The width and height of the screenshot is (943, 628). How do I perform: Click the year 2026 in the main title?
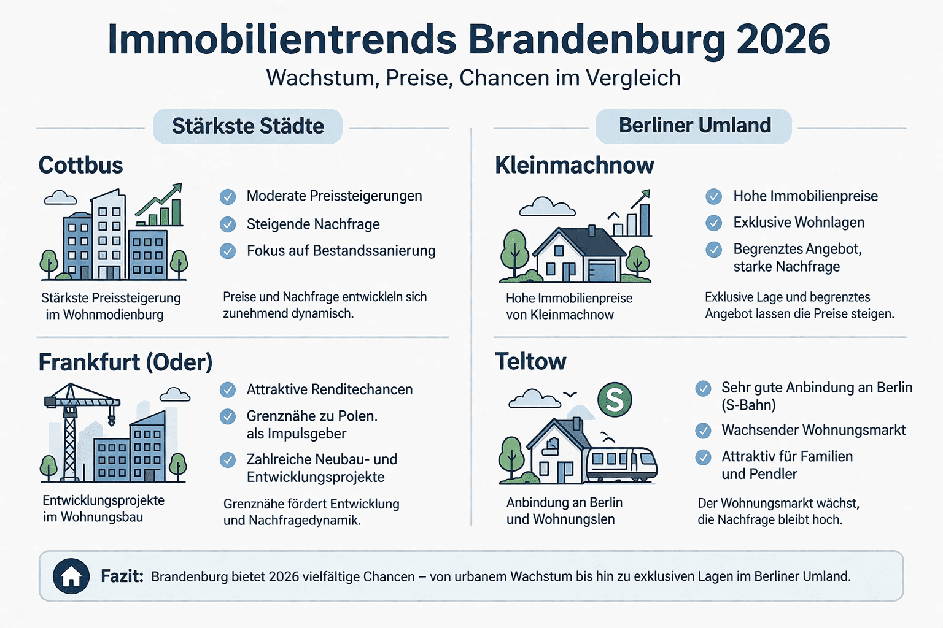[x=783, y=40]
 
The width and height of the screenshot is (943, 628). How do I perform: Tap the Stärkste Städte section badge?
[x=247, y=126]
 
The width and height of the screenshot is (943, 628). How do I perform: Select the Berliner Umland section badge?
[x=694, y=126]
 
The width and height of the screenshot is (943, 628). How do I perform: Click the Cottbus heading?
[x=80, y=166]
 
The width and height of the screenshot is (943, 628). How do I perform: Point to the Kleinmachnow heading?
[x=574, y=166]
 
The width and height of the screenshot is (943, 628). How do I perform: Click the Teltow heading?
[x=530, y=362]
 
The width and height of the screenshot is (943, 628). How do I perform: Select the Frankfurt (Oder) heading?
[x=125, y=362]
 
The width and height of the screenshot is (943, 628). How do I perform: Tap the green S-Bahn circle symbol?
[x=615, y=400]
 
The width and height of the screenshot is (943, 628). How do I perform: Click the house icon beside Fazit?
[x=71, y=576]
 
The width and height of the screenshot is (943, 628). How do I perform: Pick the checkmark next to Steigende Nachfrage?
[x=228, y=224]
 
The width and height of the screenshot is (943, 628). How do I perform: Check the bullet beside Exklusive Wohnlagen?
[x=713, y=223]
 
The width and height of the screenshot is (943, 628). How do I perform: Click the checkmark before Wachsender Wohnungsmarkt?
[x=703, y=431]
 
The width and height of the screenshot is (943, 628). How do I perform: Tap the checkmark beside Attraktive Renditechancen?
[x=228, y=390]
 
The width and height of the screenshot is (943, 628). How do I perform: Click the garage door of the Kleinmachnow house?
[x=602, y=270]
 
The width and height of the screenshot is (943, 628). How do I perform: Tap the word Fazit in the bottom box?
[x=122, y=576]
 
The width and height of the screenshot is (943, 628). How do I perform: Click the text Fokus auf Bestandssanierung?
[x=341, y=251]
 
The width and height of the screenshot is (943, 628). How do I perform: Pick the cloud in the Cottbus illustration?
[x=60, y=197]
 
